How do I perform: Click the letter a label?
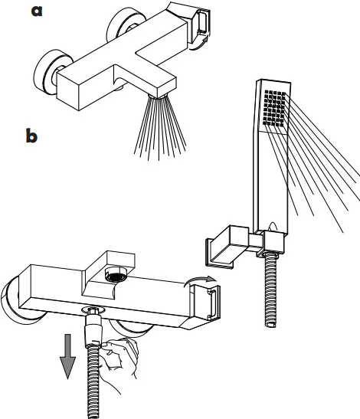37,11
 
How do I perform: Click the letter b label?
31,136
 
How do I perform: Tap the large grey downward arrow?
67,356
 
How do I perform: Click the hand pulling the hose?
120,358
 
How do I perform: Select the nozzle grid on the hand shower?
274,108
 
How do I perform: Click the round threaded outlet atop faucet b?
116,274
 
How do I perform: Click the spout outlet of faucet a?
158,96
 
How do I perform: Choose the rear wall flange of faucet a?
125,24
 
